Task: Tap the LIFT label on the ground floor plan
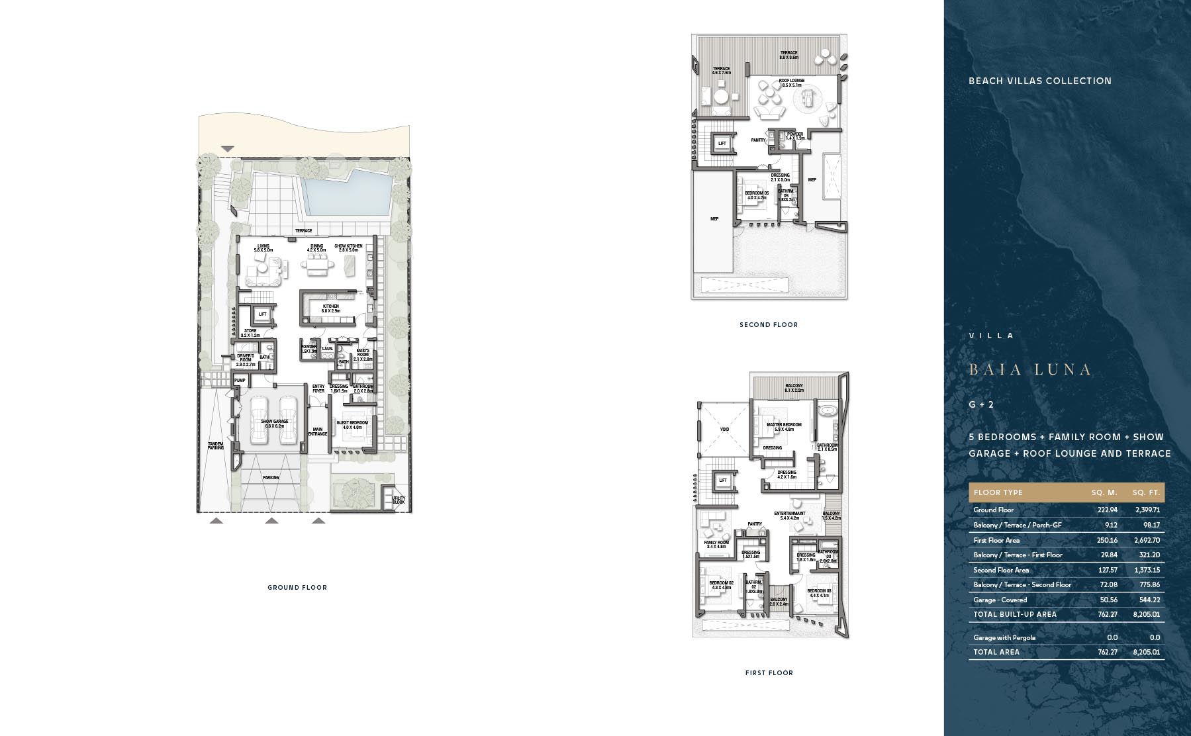263,314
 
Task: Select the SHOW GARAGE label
274,422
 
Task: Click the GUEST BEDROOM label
352,422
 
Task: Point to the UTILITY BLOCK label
398,499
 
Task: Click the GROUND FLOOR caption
297,588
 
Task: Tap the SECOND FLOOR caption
769,325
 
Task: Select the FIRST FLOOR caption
769,673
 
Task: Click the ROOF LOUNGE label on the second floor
792,81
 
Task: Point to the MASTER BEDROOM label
784,425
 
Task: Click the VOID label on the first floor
724,430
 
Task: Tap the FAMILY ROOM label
716,542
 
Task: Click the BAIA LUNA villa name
1029,370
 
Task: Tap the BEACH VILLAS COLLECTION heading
1040,81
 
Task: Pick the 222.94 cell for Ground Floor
1107,510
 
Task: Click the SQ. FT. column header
1146,493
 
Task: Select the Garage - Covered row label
1000,600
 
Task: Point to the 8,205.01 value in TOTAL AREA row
1145,653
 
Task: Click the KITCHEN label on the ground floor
331,307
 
